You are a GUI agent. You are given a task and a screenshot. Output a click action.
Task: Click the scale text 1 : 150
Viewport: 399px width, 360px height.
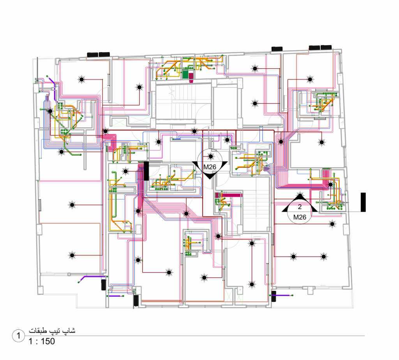click(42, 341)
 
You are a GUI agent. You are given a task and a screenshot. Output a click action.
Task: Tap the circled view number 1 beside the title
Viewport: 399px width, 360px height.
click(18, 336)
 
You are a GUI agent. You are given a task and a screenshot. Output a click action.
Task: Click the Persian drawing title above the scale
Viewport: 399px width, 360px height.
click(52, 331)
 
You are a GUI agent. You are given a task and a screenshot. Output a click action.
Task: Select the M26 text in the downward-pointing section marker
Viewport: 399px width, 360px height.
click(210, 167)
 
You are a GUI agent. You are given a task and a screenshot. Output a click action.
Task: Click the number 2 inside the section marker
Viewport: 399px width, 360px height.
click(300, 207)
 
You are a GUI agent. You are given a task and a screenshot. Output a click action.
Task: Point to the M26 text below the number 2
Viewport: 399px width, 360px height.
click(300, 217)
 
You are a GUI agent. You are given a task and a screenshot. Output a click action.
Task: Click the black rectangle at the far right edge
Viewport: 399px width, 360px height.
click(363, 202)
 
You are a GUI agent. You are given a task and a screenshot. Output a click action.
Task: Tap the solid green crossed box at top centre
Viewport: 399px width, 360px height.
click(185, 75)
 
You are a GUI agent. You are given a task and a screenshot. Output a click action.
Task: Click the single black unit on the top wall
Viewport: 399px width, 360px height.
click(277, 49)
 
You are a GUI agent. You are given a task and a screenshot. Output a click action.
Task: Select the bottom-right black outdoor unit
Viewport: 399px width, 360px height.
click(274, 296)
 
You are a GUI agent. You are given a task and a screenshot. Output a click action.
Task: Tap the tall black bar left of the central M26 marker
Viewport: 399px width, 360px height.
click(147, 171)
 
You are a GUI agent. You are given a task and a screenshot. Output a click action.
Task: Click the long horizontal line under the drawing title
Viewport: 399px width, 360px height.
click(195, 336)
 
